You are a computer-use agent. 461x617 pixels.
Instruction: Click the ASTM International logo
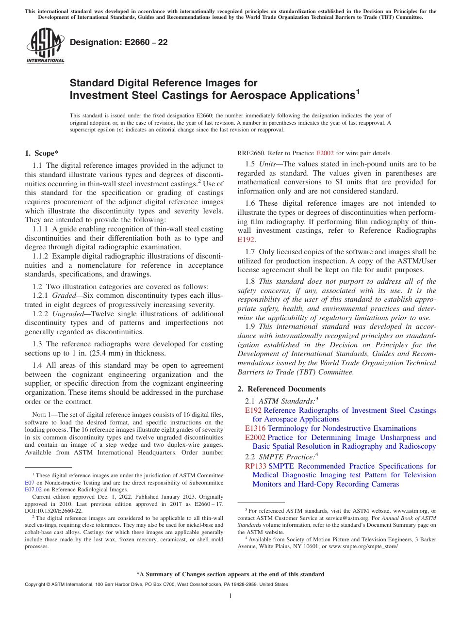(x=45, y=47)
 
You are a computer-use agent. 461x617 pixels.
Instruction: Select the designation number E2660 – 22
(x=119, y=43)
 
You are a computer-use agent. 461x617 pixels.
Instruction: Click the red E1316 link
(x=255, y=428)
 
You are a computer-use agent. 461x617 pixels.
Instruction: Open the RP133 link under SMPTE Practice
(x=255, y=466)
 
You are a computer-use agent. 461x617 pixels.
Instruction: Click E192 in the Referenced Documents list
(x=253, y=410)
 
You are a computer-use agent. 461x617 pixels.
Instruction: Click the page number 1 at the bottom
(x=230, y=596)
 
